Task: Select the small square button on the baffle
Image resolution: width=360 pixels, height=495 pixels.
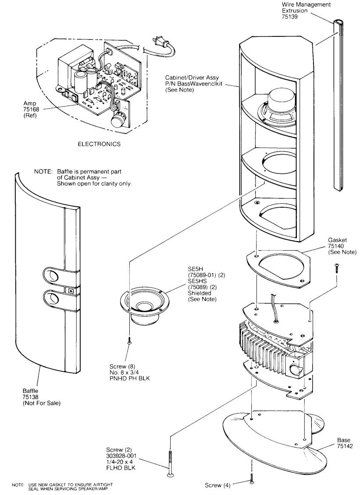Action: (x=70, y=290)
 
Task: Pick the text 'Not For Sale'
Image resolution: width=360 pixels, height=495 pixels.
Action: (x=42, y=404)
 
